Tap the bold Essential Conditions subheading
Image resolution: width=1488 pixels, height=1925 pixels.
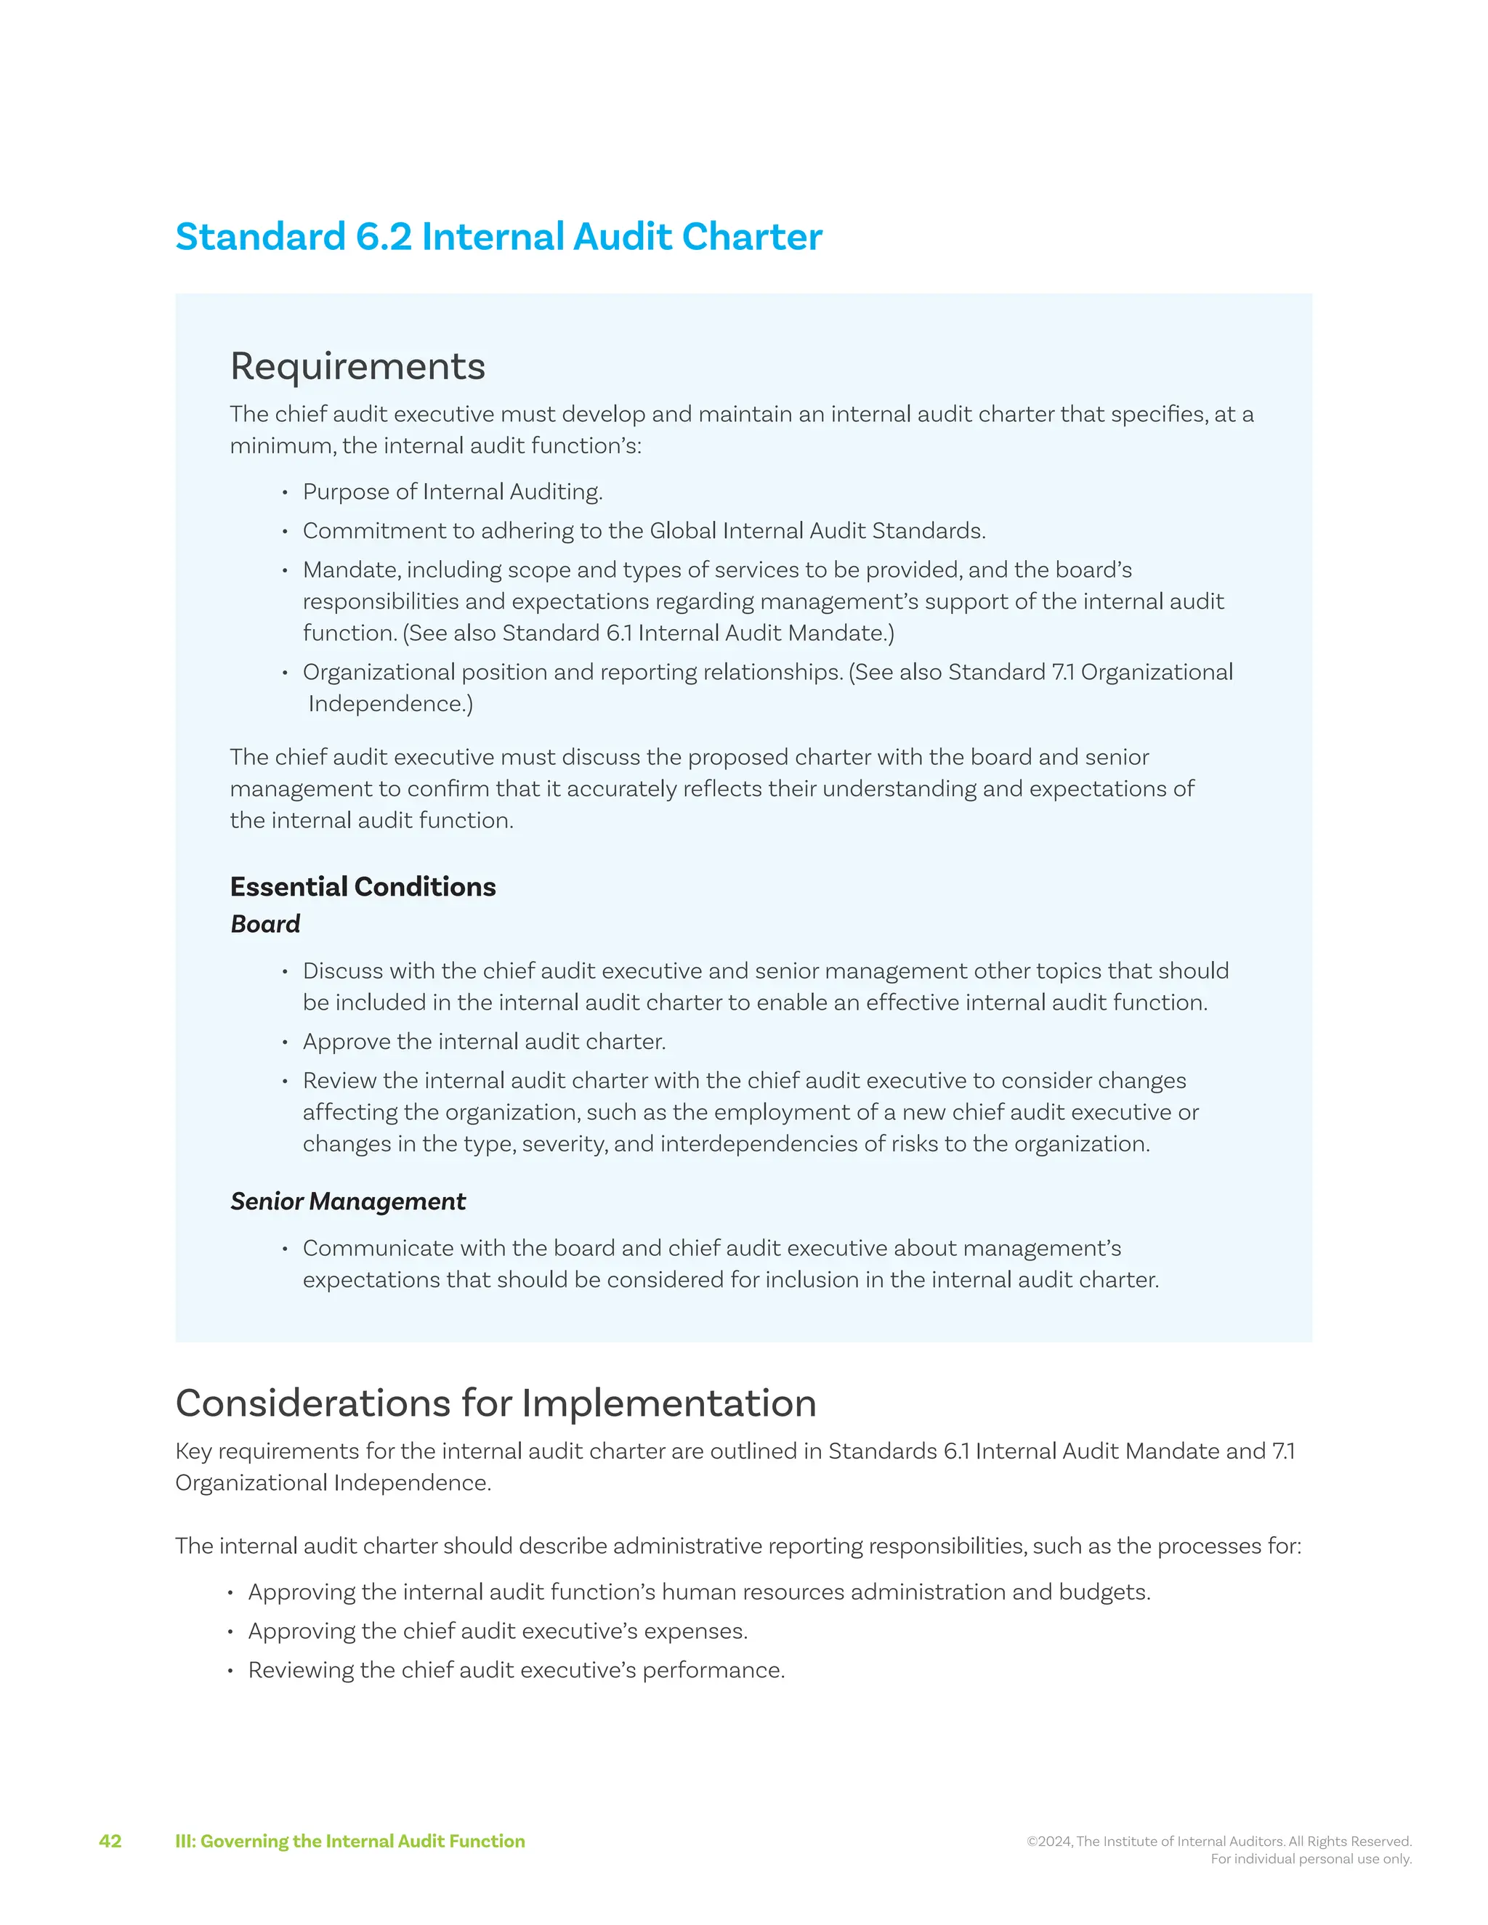point(363,887)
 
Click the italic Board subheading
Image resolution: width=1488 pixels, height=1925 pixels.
point(264,924)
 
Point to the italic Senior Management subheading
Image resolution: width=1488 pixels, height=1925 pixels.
point(347,1201)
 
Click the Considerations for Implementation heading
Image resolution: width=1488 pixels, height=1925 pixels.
point(496,1403)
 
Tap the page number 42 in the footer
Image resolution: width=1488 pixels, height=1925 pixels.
point(110,1841)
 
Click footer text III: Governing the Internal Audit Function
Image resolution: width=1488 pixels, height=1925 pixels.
point(350,1841)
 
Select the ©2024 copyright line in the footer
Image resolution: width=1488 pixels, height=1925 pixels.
point(1219,1841)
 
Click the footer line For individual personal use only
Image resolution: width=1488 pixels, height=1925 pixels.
point(1311,1858)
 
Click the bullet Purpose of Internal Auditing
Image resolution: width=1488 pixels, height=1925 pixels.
point(452,492)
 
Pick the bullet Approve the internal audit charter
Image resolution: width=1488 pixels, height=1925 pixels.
point(484,1042)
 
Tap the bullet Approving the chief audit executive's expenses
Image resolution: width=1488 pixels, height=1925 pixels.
point(497,1632)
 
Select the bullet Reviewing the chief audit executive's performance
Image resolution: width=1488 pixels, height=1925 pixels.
point(516,1670)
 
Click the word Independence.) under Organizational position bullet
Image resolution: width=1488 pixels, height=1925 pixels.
point(390,704)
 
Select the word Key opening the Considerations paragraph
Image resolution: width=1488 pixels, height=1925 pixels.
point(193,1451)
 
